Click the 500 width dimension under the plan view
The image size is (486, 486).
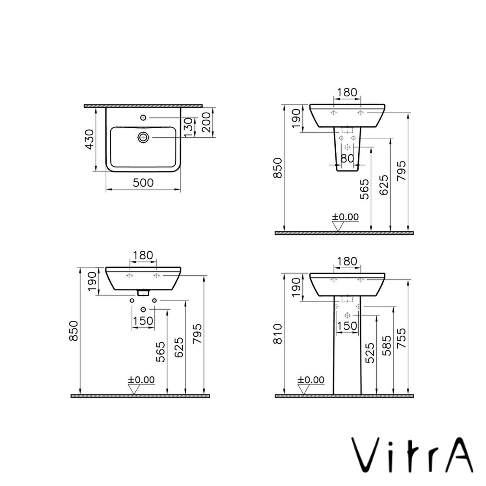tap(143, 183)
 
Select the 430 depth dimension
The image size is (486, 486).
tap(90, 139)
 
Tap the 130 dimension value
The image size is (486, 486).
tap(189, 127)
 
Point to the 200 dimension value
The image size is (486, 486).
tap(207, 122)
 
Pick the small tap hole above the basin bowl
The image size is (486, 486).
tap(143, 117)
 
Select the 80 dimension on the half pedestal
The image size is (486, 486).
tap(347, 158)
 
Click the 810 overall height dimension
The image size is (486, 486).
tap(279, 333)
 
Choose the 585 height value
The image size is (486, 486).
tap(387, 346)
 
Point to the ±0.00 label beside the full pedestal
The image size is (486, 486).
tap(310, 380)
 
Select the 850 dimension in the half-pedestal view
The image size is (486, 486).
tap(279, 167)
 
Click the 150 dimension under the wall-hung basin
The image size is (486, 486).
tap(143, 321)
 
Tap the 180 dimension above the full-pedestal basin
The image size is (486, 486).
tap(347, 261)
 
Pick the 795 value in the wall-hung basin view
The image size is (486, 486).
tap(197, 334)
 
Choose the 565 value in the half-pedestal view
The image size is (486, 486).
tap(364, 189)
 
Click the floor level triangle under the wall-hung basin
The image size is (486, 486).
tap(134, 390)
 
